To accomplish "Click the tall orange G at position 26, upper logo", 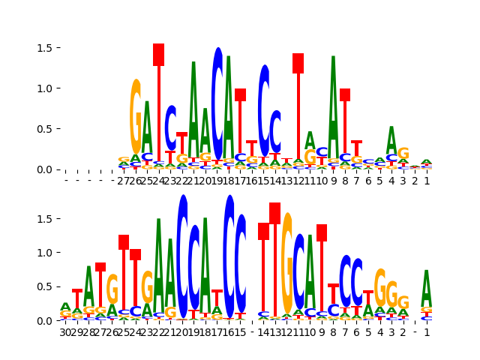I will (136, 116).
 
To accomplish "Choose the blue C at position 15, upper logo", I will (264, 109).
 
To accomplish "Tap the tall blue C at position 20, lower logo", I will (182, 255).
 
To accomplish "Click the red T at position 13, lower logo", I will (275, 262).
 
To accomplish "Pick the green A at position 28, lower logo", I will (89, 285).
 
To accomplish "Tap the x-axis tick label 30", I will (66, 331).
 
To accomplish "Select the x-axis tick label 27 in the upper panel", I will (124, 181).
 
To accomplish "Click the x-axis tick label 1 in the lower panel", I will (427, 331).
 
